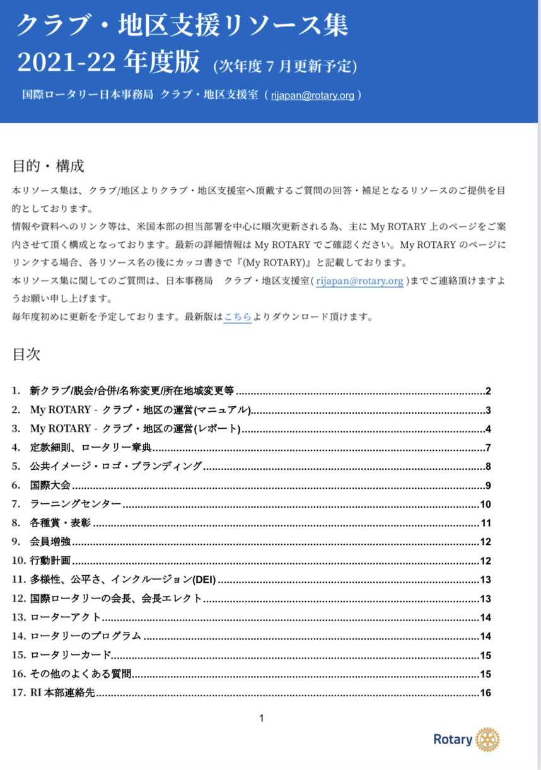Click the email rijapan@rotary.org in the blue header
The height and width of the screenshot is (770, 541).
coord(312,95)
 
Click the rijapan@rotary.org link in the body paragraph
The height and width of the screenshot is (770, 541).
coord(359,281)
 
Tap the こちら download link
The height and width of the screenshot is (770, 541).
coord(238,317)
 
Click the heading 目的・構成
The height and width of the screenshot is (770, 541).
coord(48,167)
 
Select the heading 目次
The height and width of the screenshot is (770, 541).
coord(26,354)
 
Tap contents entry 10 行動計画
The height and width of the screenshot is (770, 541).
coord(50,561)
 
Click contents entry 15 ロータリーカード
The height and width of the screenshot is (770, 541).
coord(71,655)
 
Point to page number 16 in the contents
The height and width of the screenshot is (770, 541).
coord(485,693)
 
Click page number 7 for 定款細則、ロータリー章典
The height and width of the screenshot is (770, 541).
coord(488,448)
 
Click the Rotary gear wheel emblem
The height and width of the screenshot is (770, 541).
coord(487,739)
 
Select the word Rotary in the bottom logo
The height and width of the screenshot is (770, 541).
coord(453,740)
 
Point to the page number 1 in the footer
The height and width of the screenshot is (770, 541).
coord(262,718)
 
